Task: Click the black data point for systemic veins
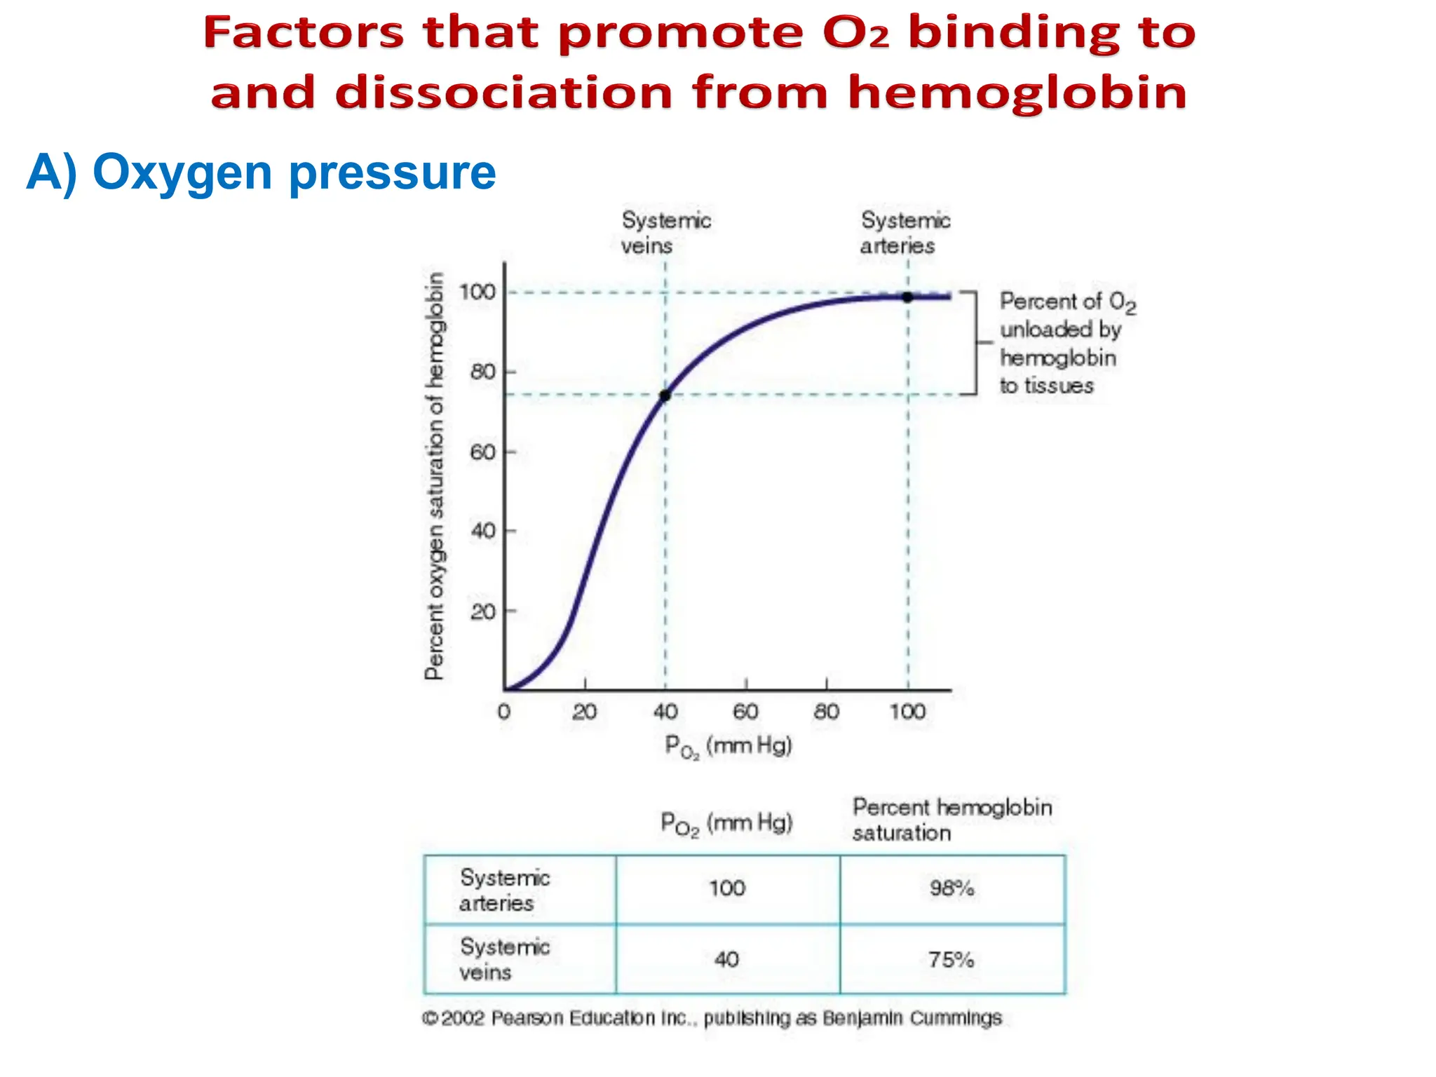click(665, 395)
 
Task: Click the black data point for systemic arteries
click(907, 297)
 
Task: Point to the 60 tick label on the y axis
click(482, 452)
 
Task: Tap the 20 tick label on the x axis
click(584, 712)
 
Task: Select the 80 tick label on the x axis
click(827, 712)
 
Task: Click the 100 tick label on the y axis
click(477, 292)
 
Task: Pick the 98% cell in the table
click(951, 888)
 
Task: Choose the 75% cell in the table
click(951, 959)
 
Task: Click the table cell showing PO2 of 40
click(726, 959)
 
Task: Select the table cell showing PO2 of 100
click(726, 888)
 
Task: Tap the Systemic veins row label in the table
click(504, 959)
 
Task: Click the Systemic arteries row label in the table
click(504, 890)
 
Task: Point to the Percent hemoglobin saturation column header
click(951, 820)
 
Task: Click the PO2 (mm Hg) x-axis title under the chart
click(728, 746)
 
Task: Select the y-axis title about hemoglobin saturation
click(435, 477)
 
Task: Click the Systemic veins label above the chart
click(665, 233)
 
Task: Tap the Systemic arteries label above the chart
click(905, 233)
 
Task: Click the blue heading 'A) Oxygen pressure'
click(261, 172)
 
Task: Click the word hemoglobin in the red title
click(1017, 94)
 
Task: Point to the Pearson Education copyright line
click(712, 1018)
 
